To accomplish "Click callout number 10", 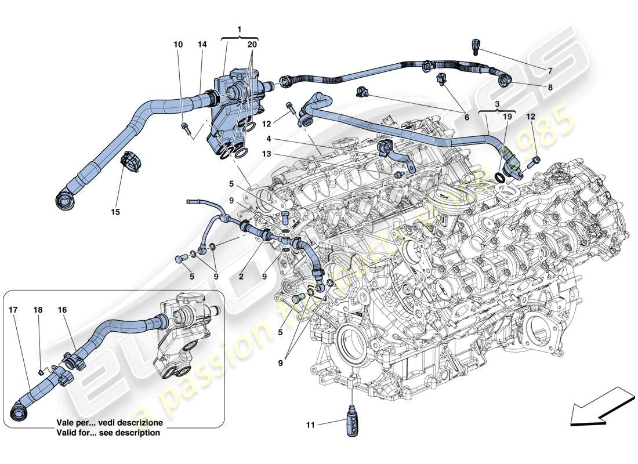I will pos(179,44).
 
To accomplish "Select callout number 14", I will pos(201,44).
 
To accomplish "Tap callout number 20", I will pos(252,44).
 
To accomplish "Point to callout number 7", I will pos(549,71).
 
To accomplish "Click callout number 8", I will pos(549,88).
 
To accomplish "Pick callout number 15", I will pos(115,212).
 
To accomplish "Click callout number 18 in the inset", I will pos(38,310).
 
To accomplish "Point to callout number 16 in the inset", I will pos(62,310).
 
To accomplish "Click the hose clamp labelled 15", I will pos(130,162).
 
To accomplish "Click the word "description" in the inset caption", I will pos(139,433).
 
